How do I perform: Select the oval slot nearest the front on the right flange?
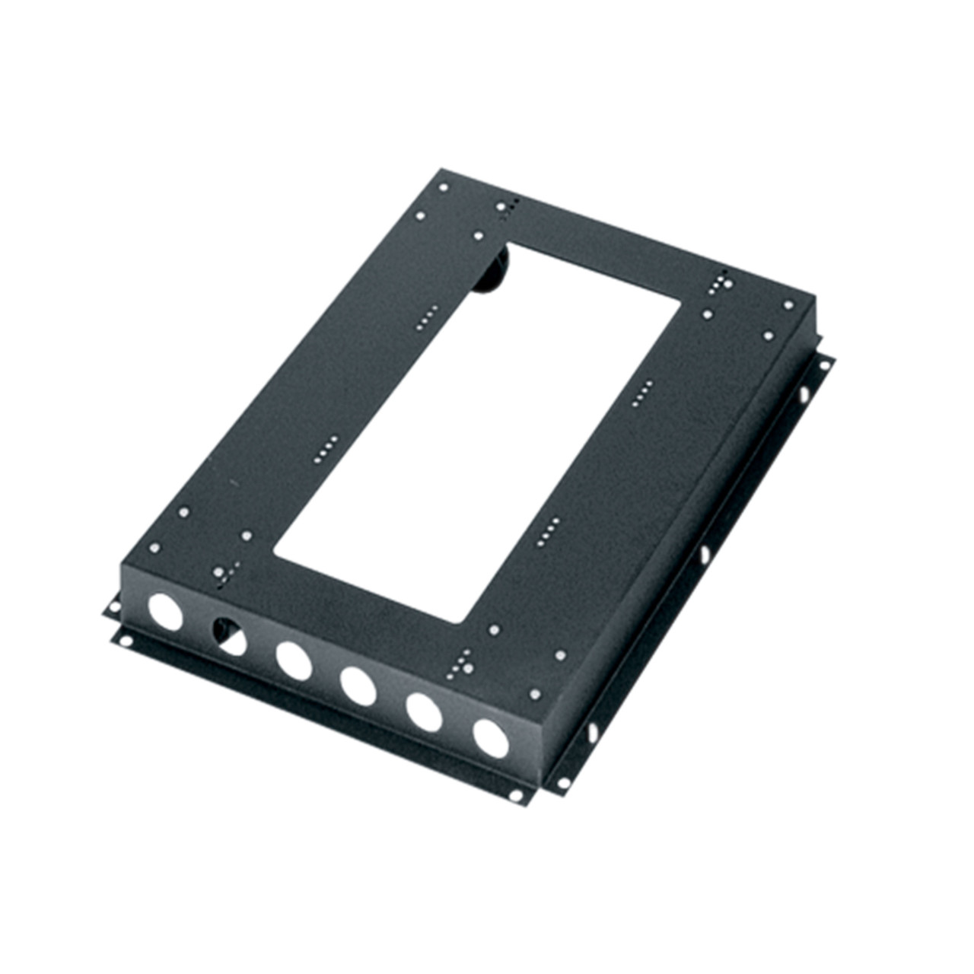point(592,732)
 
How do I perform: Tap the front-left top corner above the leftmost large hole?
point(122,564)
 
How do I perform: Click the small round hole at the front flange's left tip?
point(113,607)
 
